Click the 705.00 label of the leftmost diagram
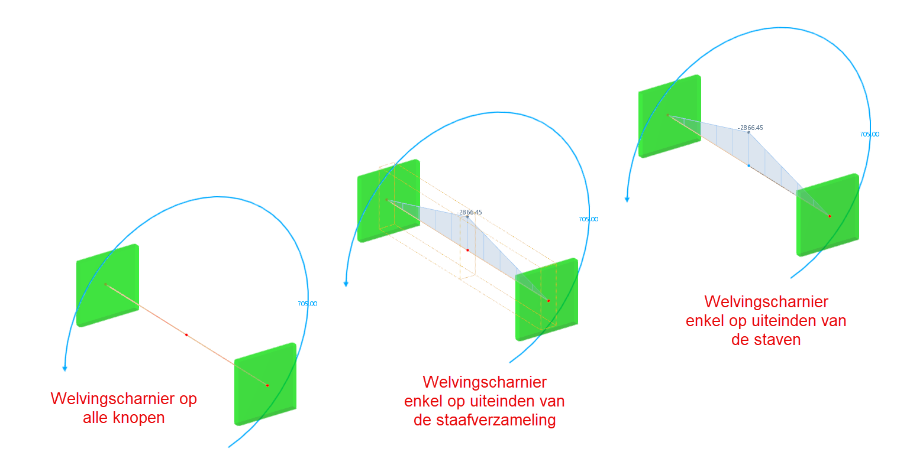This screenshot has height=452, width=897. [x=307, y=304]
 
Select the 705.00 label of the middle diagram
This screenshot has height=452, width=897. [x=588, y=219]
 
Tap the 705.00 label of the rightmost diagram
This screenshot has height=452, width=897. [x=869, y=134]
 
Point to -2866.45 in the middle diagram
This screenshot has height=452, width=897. [x=470, y=212]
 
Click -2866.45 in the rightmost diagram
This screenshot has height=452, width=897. [x=750, y=128]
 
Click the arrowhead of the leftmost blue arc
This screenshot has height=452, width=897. [x=65, y=369]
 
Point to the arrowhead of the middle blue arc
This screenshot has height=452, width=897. [x=346, y=284]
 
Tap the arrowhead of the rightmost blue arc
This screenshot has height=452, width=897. [x=627, y=199]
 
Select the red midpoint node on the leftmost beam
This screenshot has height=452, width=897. [x=186, y=335]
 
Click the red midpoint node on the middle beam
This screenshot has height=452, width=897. [x=467, y=251]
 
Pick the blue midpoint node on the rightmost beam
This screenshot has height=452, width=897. [x=748, y=166]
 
